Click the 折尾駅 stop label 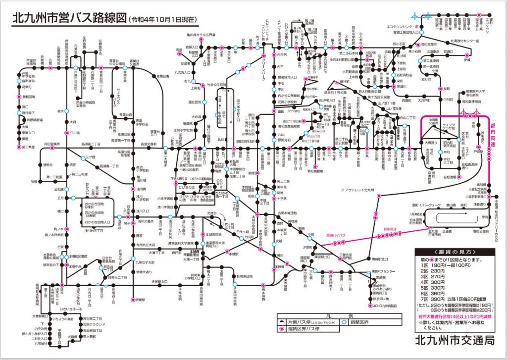[140, 300]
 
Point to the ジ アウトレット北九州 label [359, 190]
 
